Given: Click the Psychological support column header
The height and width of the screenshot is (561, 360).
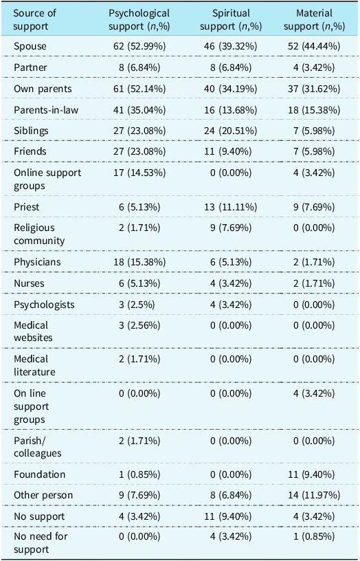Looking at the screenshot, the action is coord(139,20).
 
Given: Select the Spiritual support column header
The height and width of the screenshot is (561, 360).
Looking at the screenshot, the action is coord(231,20).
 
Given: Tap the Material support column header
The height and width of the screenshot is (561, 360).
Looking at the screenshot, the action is coord(314,20).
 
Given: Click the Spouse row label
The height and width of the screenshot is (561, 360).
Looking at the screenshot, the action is coord(30,46).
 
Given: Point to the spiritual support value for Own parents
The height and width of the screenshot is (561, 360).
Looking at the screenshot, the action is coord(231,89).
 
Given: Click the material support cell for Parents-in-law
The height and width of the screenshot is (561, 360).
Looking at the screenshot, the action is coord(314,110).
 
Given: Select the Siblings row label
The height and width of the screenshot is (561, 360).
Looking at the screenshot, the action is coord(31,131).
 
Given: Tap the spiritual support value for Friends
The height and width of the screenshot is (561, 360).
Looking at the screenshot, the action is coord(231,151).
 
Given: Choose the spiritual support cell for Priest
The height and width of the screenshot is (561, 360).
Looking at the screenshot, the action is coord(231,207).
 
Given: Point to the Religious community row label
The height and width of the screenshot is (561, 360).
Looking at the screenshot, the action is coord(39,234).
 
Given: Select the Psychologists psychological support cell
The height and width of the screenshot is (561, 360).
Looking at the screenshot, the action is coord(137,305).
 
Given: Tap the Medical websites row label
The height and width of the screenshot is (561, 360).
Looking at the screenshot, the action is coord(33,331).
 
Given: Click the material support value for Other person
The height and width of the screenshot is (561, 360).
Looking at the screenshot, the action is coord(314,496).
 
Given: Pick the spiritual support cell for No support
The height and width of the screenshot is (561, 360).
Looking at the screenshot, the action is coord(231,516).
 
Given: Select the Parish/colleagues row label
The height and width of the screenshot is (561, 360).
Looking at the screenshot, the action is coord(38,447).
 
